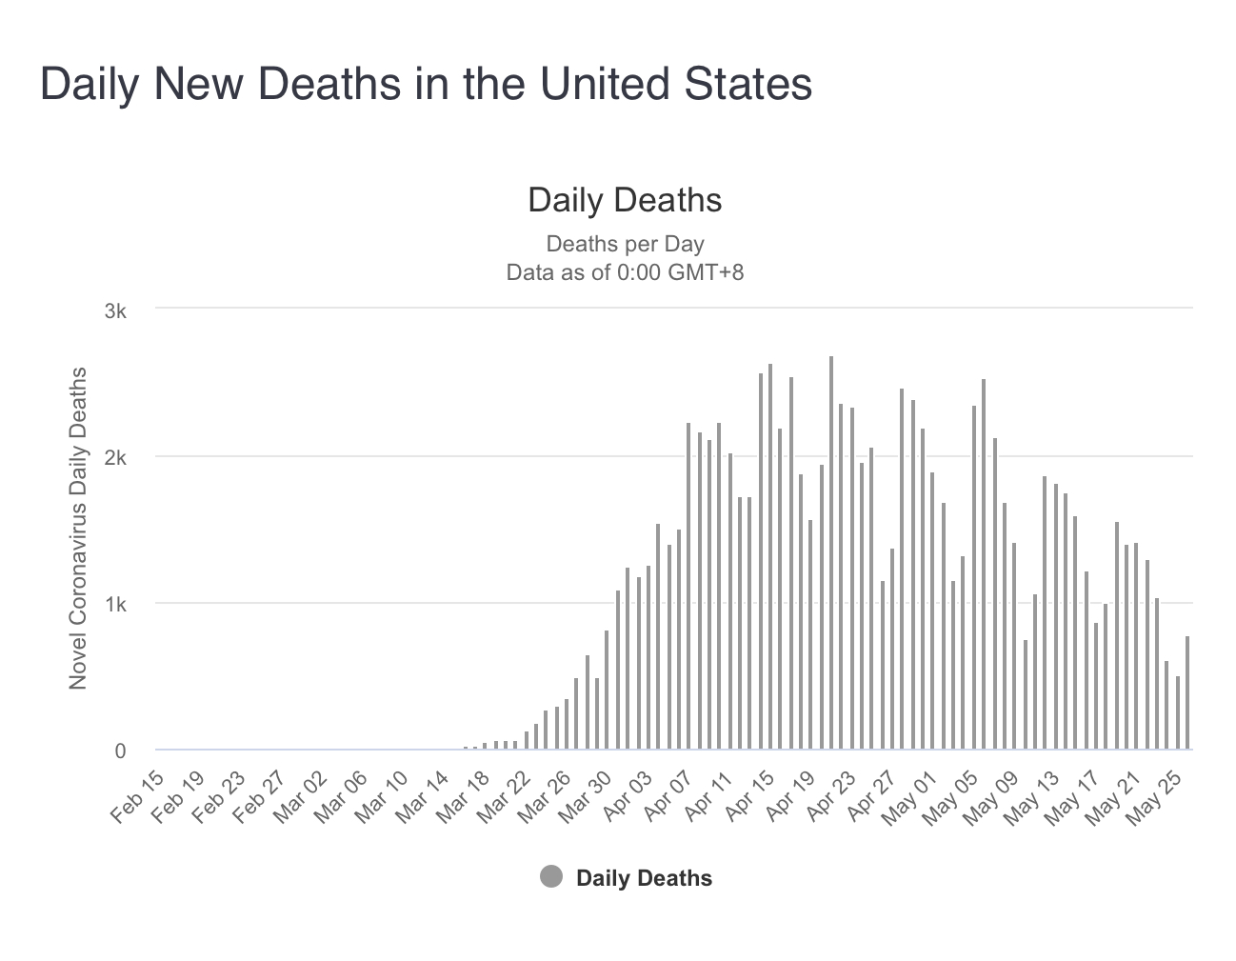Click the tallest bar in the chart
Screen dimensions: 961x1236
coord(831,552)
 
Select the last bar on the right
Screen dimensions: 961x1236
coord(1187,693)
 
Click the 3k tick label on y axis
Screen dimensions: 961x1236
coord(115,310)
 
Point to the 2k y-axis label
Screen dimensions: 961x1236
coord(115,458)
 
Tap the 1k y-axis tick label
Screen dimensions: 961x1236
coord(115,605)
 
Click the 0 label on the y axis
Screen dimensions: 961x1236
coord(121,751)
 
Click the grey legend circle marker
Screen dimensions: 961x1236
coord(551,877)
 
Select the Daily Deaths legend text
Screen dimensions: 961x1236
coord(644,878)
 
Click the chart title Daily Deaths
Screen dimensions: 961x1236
coord(625,200)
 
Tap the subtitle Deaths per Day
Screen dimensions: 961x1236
coord(625,244)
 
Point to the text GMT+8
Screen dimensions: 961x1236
coord(705,272)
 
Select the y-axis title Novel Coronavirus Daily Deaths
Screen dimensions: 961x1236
coord(78,529)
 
